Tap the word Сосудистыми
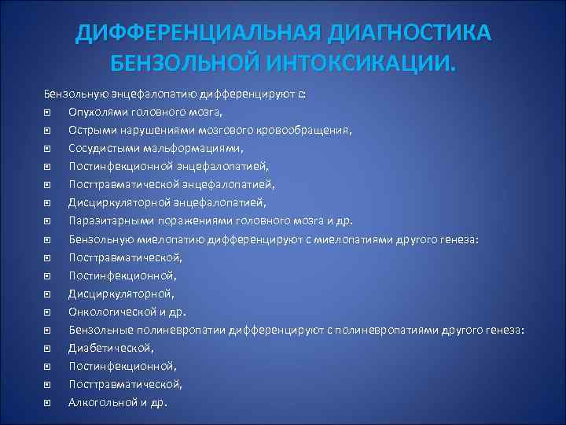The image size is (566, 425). click(x=100, y=147)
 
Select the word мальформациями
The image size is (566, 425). click(x=178, y=147)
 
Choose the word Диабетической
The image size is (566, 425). click(x=100, y=346)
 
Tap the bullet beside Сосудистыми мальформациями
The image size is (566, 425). click(x=49, y=147)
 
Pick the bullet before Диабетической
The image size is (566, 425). click(x=49, y=346)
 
